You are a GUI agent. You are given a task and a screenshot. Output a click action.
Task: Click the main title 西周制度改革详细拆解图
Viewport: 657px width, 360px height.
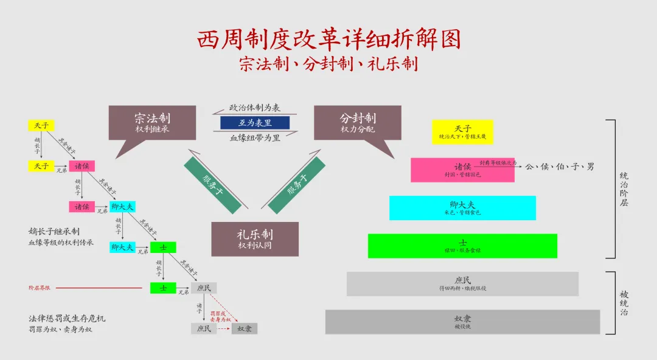click(x=328, y=39)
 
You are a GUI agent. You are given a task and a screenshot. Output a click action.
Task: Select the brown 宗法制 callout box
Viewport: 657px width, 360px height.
click(x=152, y=123)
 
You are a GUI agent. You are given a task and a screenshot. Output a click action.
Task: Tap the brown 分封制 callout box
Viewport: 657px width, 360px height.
click(x=358, y=123)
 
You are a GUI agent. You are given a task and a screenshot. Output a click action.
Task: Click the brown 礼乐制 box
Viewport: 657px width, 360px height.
click(x=255, y=238)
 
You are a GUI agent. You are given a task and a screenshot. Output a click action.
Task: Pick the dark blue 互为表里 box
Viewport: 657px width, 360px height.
click(x=255, y=123)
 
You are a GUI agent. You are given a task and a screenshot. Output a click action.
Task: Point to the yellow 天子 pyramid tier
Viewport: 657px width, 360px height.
click(x=462, y=132)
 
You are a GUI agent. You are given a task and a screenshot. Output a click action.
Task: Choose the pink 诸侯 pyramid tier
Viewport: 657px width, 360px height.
click(x=462, y=170)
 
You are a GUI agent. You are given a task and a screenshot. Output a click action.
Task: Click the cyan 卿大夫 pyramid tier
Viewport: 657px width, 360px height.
click(x=462, y=207)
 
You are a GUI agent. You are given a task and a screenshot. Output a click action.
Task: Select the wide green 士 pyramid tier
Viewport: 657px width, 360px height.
click(x=462, y=246)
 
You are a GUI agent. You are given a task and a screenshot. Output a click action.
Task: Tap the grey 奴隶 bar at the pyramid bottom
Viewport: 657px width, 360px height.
click(x=462, y=322)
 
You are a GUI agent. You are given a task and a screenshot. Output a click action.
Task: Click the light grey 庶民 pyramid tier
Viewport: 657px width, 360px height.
click(x=462, y=283)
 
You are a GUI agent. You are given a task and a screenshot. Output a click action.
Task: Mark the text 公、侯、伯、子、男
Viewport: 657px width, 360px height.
click(x=559, y=166)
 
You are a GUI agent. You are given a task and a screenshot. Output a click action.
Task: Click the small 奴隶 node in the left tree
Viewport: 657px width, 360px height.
click(x=245, y=328)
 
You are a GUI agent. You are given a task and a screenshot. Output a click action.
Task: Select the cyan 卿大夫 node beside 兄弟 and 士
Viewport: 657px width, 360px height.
click(x=122, y=247)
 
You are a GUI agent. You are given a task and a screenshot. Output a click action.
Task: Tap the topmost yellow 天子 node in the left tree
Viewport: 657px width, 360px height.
click(x=41, y=126)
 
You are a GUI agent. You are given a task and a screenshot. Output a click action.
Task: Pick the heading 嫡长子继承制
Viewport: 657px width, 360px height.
click(x=54, y=232)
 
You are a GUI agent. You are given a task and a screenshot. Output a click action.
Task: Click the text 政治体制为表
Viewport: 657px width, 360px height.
click(x=255, y=108)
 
